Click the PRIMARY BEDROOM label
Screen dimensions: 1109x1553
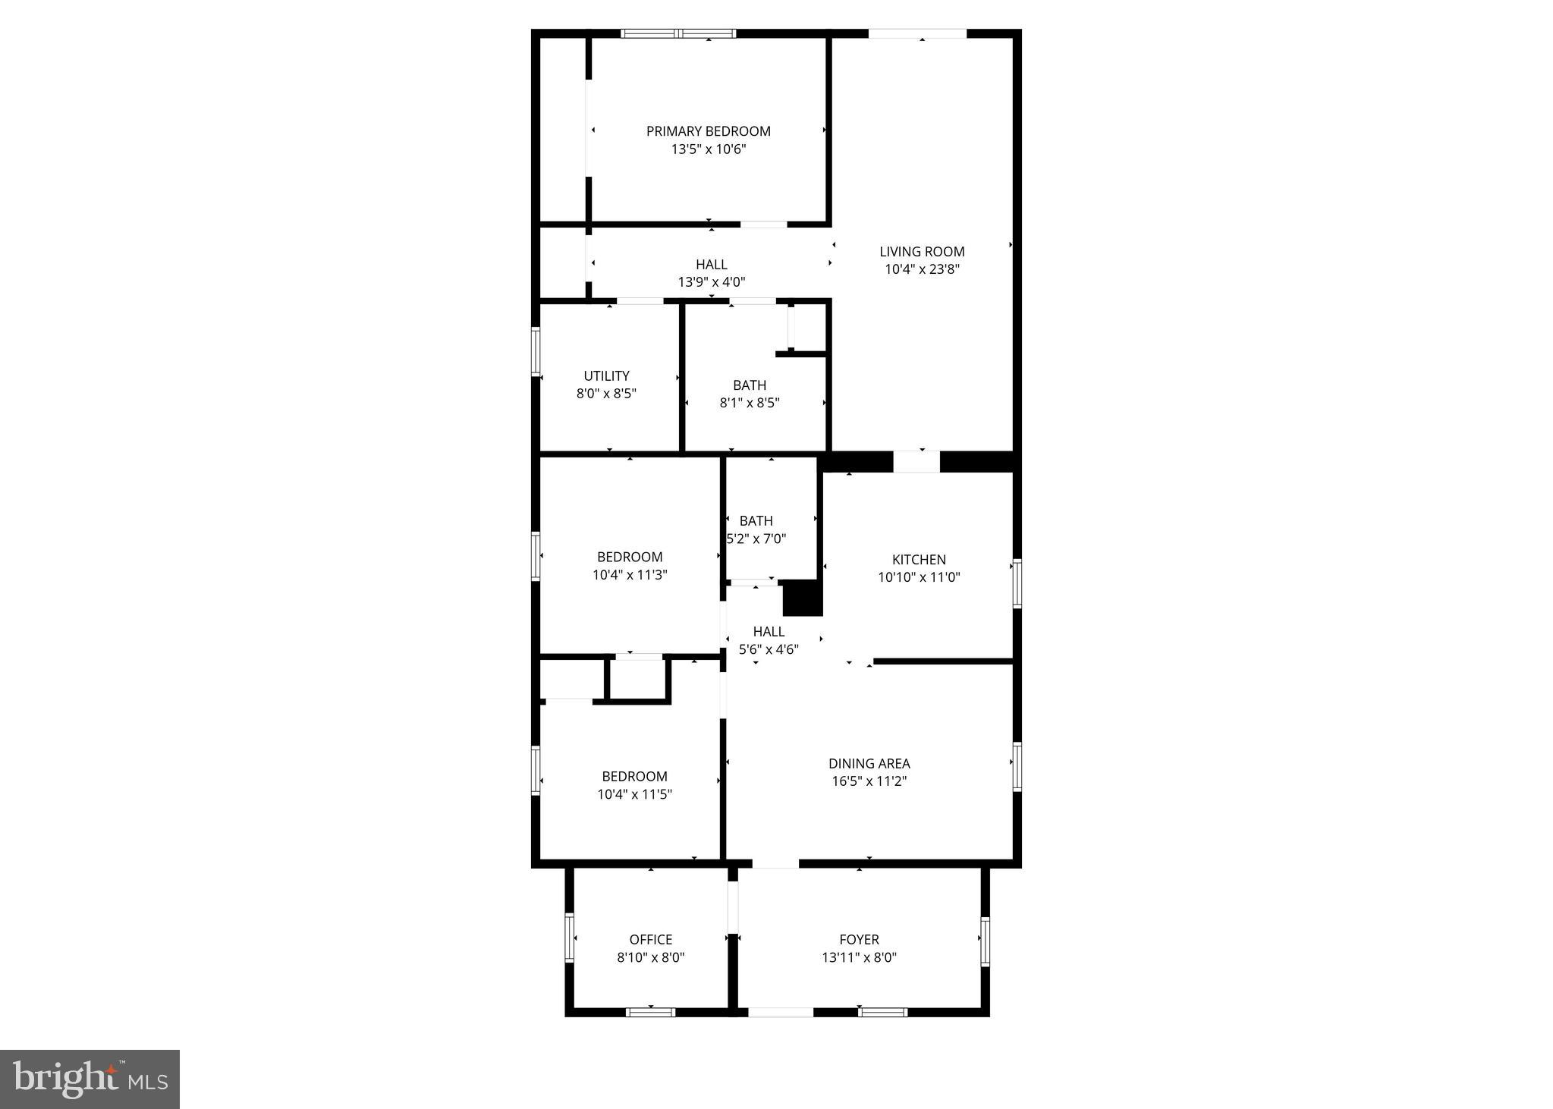click(708, 131)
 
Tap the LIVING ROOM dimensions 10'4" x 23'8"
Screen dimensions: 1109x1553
click(922, 269)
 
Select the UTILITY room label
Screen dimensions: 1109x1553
click(606, 375)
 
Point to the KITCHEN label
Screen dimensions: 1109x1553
click(919, 560)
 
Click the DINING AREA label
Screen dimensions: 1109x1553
click(869, 764)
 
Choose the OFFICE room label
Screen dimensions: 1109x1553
click(650, 940)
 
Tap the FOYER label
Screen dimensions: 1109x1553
click(859, 940)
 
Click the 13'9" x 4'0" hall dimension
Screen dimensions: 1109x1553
click(711, 282)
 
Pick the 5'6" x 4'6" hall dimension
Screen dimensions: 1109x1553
click(769, 649)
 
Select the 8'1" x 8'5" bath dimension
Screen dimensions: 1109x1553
click(749, 403)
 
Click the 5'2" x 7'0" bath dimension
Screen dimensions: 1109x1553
click(756, 539)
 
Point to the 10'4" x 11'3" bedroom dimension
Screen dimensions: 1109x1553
click(630, 575)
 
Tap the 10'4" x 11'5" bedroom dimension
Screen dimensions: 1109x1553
click(634, 795)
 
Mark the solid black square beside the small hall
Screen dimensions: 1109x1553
click(802, 598)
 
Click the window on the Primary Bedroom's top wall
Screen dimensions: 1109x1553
click(677, 33)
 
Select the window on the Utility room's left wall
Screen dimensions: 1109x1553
click(536, 351)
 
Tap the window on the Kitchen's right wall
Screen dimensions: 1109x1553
click(1017, 583)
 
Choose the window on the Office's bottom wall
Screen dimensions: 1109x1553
click(650, 1012)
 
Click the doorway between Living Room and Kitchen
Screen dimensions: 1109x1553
click(916, 461)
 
